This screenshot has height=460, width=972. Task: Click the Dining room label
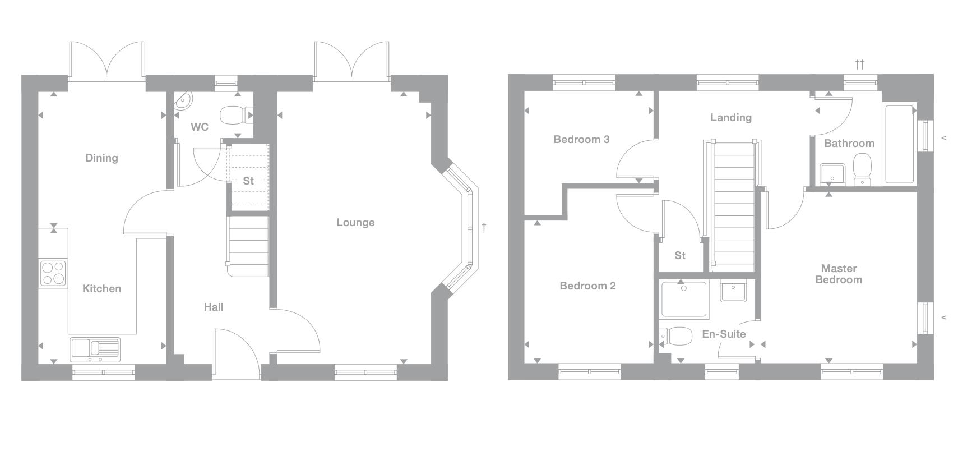coord(101,158)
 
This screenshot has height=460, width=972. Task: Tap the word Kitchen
coord(101,289)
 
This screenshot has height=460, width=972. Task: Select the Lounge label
coord(355,223)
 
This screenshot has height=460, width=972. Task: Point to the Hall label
coord(214,307)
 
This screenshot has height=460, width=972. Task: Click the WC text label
coord(200,127)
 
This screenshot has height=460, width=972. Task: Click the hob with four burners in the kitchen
coord(53,274)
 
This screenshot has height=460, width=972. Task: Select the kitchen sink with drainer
coord(95,349)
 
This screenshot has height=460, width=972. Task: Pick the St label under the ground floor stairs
coord(248,181)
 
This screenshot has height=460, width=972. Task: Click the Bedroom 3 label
coord(581,140)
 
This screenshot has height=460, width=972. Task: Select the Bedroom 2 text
coord(587,286)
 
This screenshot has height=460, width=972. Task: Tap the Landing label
coord(730,118)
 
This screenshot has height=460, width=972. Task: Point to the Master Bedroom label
coord(839,274)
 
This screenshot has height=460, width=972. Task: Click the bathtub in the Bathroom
coord(900,144)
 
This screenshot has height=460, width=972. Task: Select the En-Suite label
coord(724,334)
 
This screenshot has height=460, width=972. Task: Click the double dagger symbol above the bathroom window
coord(859,64)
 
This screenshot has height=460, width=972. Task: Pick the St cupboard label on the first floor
coord(680,256)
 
